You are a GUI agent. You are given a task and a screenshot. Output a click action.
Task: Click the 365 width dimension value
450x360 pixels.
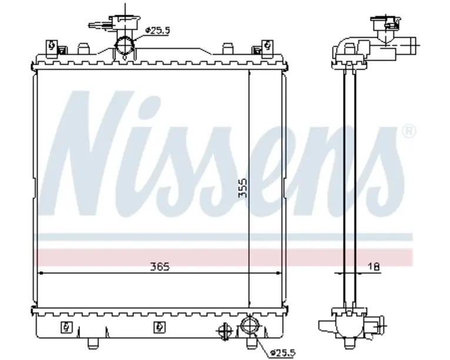pyautogui.click(x=160, y=266)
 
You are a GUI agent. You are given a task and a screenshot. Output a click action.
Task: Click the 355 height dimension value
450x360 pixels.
pyautogui.click(x=243, y=188)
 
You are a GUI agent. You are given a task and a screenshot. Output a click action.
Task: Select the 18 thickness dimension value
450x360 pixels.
pyautogui.click(x=374, y=266)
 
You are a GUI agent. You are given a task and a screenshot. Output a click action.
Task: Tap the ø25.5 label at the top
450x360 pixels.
pyautogui.click(x=158, y=30)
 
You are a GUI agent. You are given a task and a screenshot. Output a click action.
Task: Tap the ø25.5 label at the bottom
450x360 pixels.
pyautogui.click(x=283, y=352)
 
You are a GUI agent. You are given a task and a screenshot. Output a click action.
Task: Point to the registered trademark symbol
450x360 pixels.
pyautogui.click(x=408, y=132)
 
